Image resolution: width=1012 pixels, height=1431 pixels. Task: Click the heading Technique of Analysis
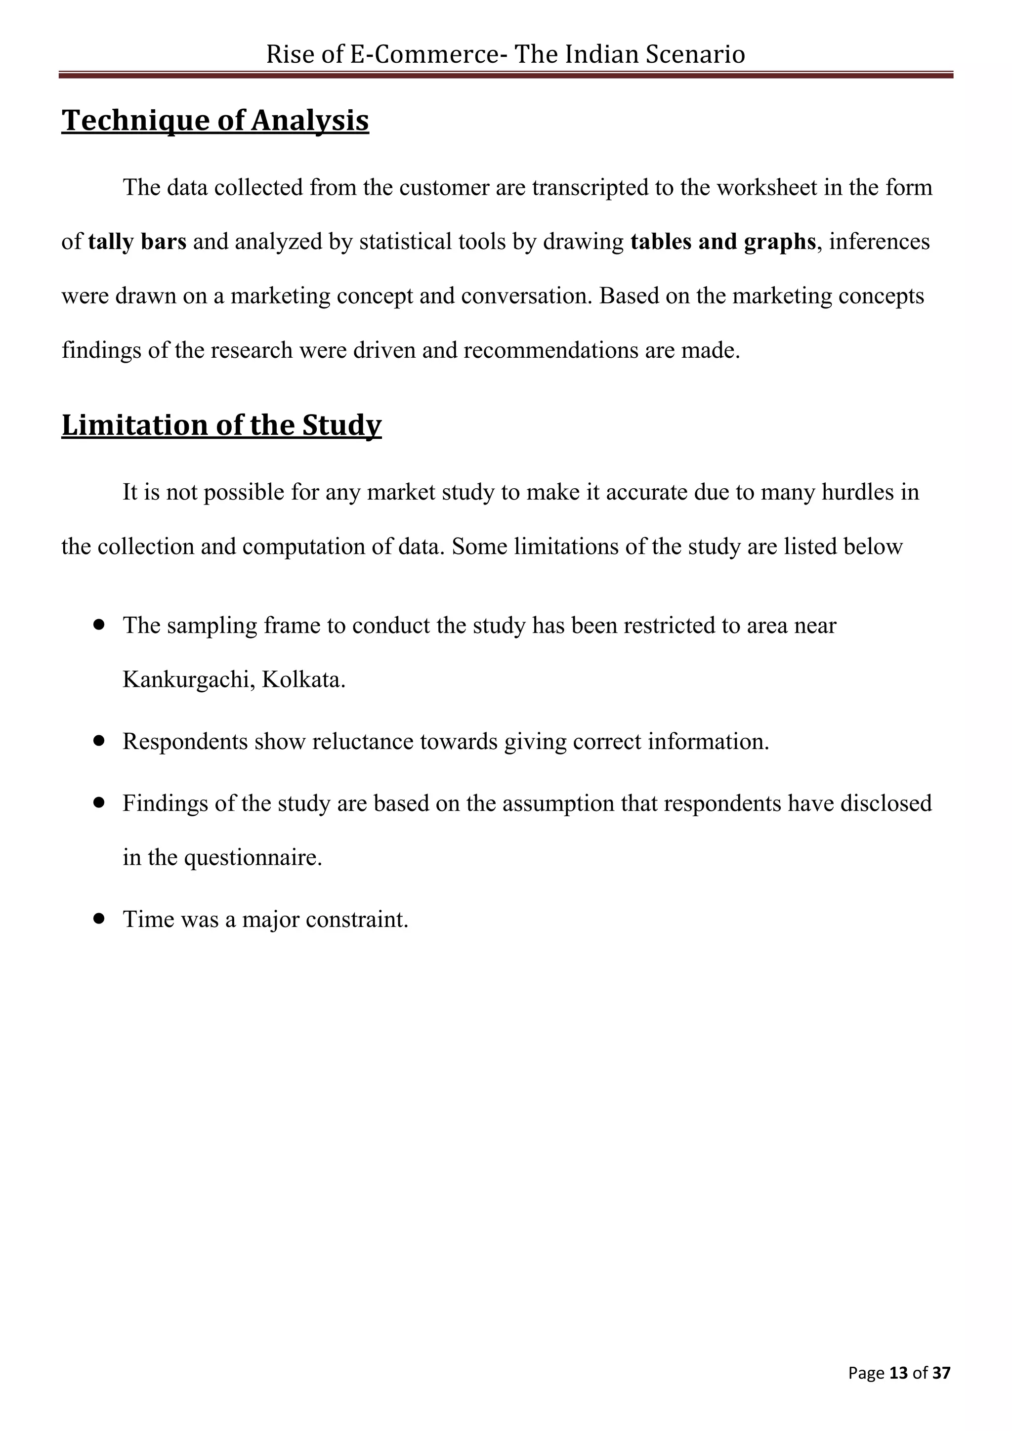[215, 120]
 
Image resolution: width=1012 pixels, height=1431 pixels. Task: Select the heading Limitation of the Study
[221, 425]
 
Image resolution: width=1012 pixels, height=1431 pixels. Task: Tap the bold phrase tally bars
[137, 242]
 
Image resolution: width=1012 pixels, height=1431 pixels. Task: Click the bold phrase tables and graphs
[723, 242]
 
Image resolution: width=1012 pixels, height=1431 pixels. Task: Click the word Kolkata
[303, 680]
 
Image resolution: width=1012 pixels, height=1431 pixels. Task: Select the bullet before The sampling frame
[98, 625]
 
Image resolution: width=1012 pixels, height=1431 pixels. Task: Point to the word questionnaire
[253, 858]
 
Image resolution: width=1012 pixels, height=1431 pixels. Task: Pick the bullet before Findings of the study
[98, 803]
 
